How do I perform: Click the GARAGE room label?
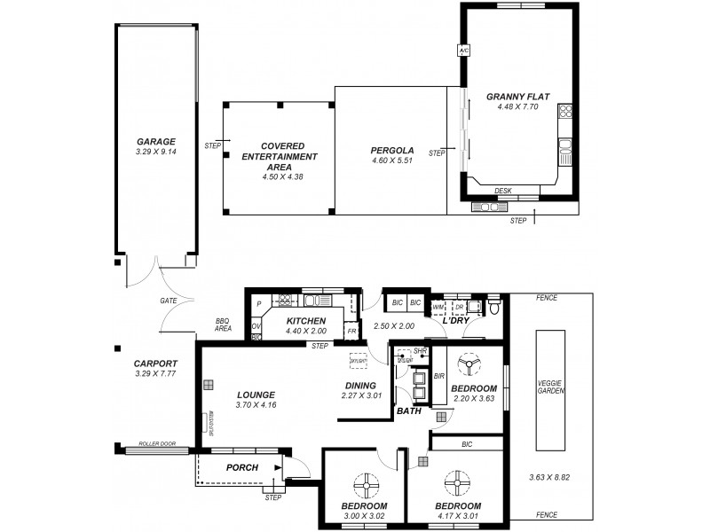[155, 141]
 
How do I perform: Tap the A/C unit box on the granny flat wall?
[462, 51]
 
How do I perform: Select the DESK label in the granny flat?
[503, 190]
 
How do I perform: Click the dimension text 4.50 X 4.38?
[283, 176]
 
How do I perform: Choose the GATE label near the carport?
[169, 301]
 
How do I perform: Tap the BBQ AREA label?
[223, 325]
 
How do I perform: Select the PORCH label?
[242, 467]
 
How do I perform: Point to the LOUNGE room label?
[256, 395]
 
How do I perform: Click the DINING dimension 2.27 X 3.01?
[361, 395]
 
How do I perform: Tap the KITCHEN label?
[307, 321]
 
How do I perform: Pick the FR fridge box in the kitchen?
[351, 331]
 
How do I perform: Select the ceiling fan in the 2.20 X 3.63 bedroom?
[468, 367]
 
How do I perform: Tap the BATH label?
[409, 411]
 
